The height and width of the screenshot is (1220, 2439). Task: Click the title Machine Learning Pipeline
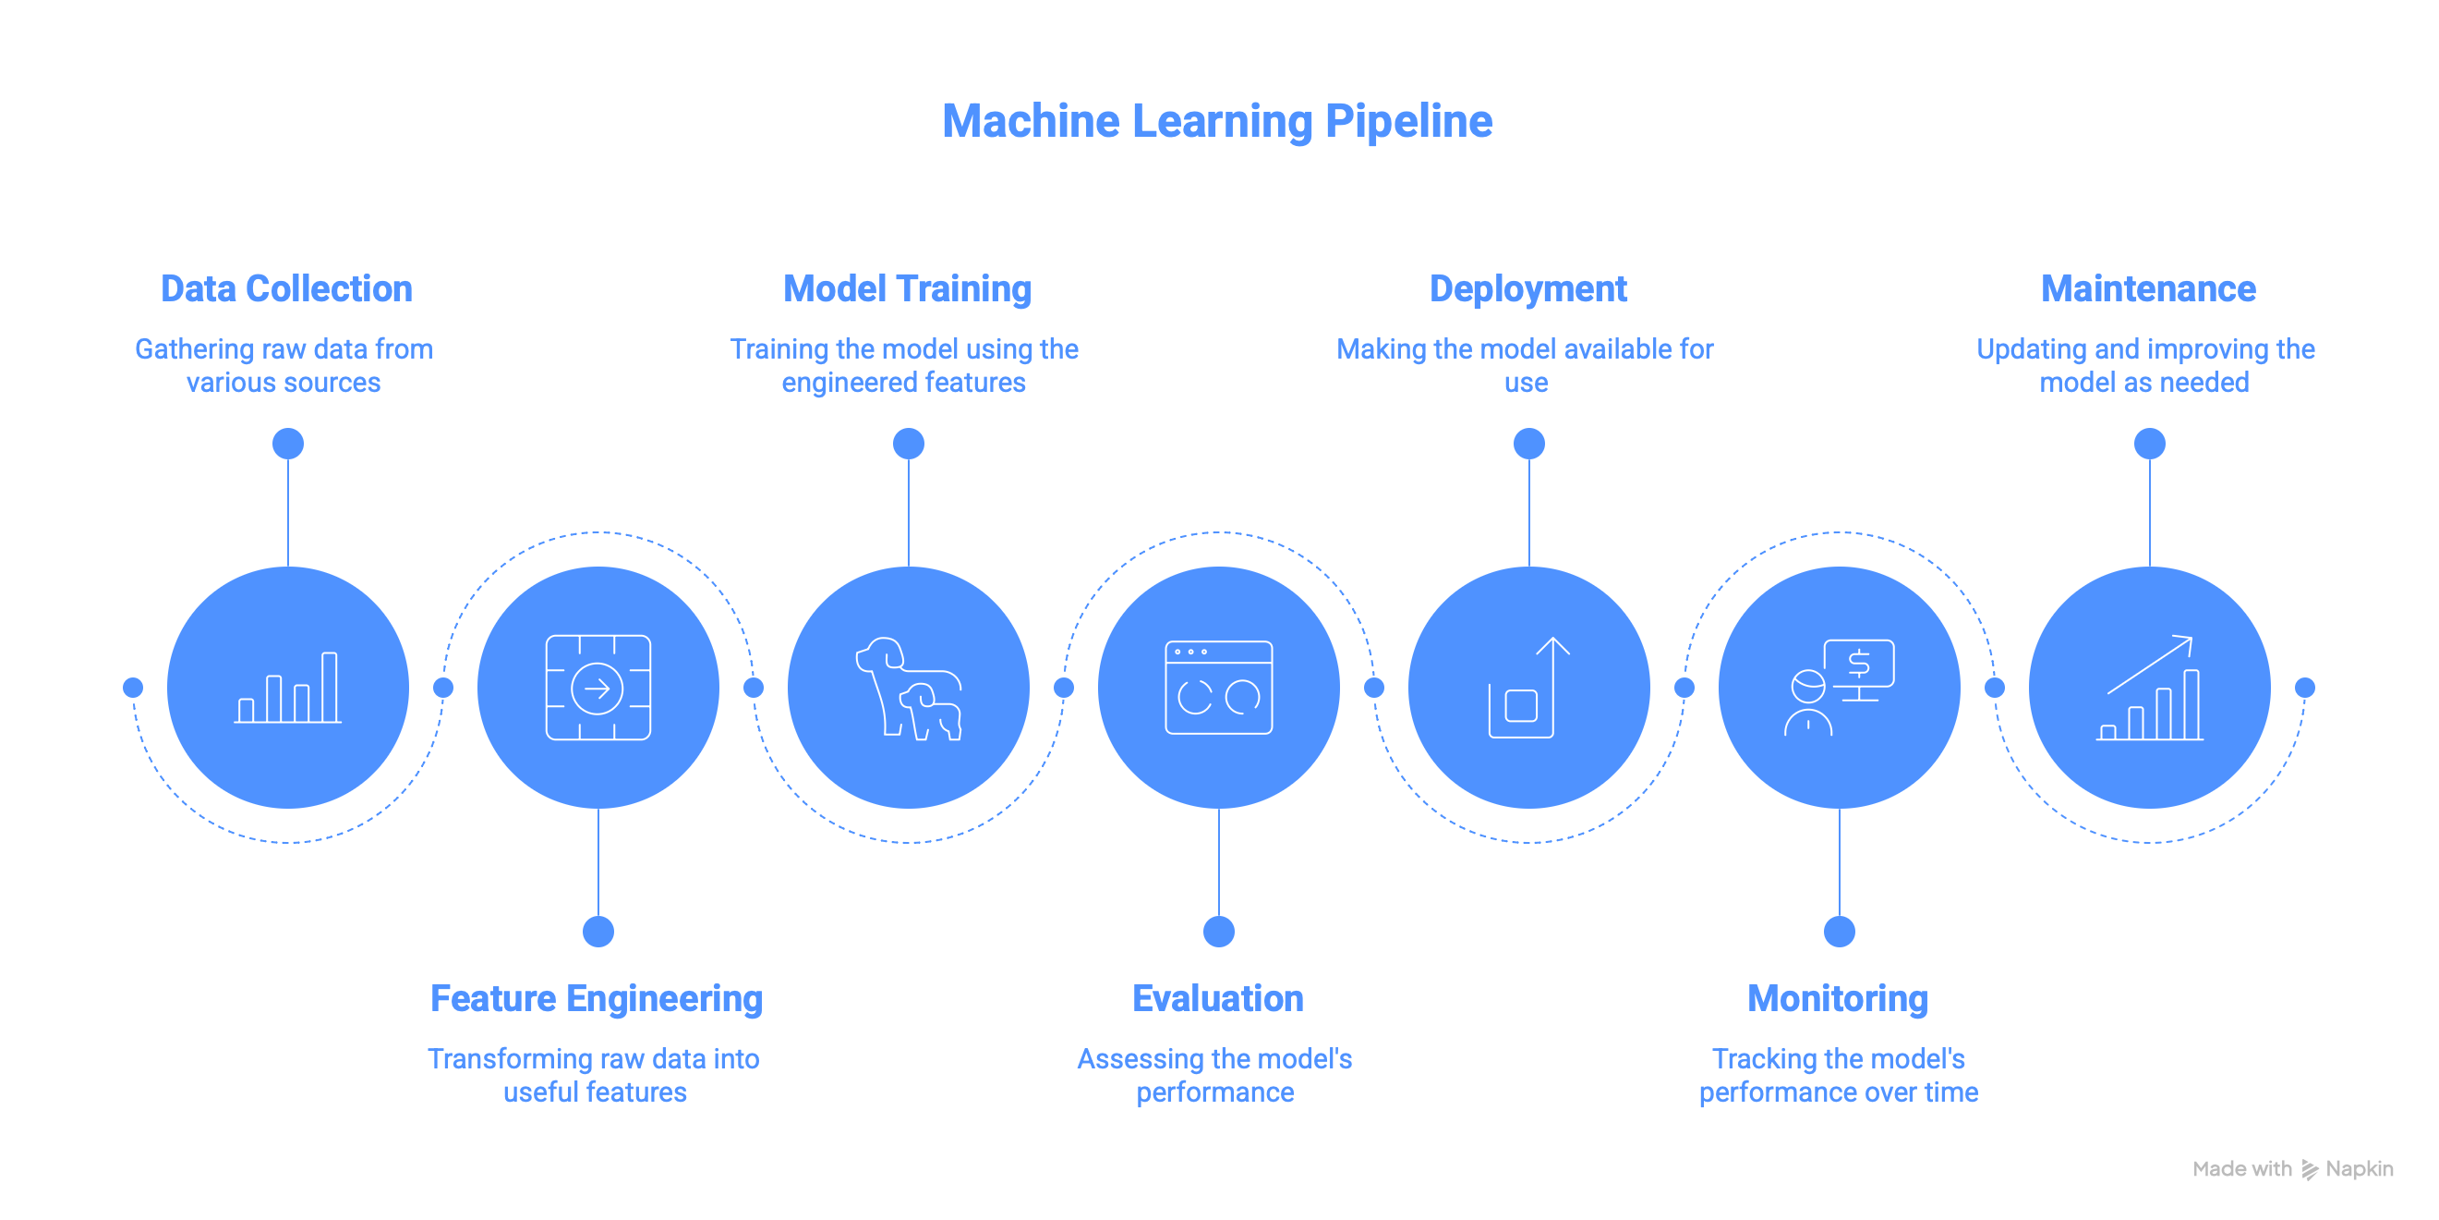tap(1216, 121)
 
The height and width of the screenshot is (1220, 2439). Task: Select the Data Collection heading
tap(286, 289)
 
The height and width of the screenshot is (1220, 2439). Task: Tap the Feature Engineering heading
tap(597, 998)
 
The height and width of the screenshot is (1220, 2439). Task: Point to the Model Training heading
tap(907, 289)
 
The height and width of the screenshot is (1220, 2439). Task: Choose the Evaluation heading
tap(1217, 998)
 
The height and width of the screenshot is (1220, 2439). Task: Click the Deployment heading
tap(1527, 289)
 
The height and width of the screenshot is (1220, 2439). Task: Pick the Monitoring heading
tap(1838, 998)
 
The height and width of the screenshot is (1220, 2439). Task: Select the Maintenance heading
tap(2148, 289)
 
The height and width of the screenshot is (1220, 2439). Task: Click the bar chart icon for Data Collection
tap(288, 688)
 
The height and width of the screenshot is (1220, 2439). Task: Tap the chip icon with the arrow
tap(598, 688)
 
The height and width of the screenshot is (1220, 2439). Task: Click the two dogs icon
tap(909, 689)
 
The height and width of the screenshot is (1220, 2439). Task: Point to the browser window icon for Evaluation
tap(1218, 688)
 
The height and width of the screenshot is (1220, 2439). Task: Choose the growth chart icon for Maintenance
tap(2149, 688)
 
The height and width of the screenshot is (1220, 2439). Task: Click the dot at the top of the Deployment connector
tap(1529, 444)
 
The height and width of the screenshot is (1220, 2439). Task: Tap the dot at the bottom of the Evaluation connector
tap(1218, 932)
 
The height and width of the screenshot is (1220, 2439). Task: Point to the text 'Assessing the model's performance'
tap(1214, 1075)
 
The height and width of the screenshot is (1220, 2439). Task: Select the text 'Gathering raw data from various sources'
tap(284, 366)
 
